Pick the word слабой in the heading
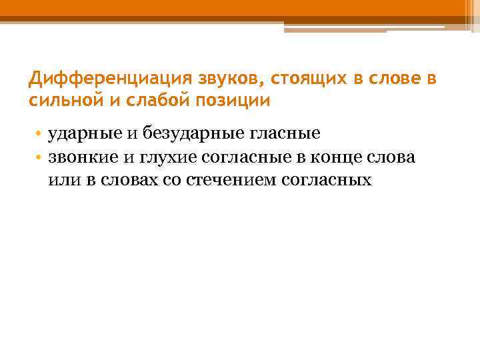(x=150, y=101)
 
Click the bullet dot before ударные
(x=40, y=134)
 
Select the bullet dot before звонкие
(x=40, y=157)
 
